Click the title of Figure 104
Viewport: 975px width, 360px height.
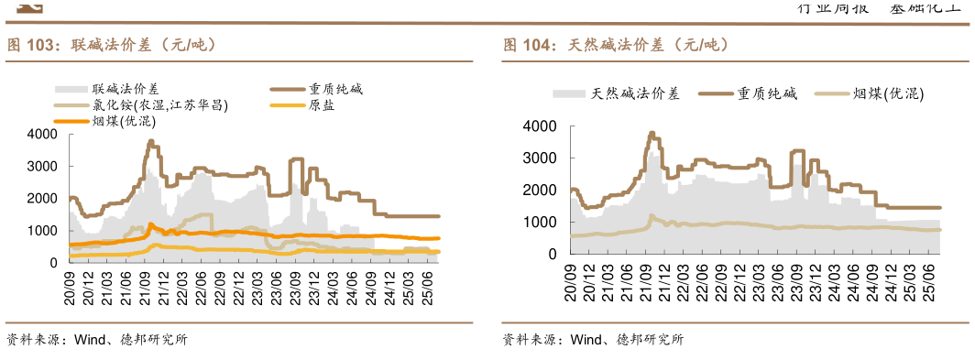(616, 45)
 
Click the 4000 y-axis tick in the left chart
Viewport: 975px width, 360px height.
(43, 135)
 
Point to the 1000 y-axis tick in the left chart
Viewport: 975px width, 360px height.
(43, 231)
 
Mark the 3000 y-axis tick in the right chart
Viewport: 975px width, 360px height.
(538, 158)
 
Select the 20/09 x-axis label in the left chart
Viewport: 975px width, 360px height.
(70, 278)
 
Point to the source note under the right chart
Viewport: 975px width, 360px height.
(592, 340)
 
